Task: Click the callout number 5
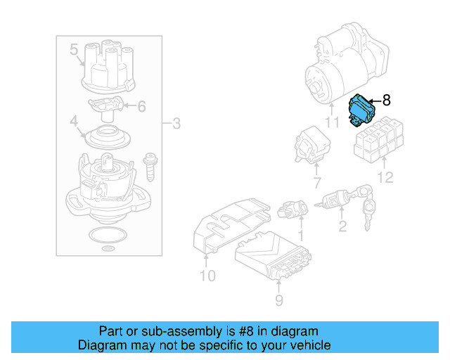[x=74, y=50]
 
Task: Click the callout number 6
[x=141, y=108]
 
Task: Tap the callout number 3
[x=176, y=124]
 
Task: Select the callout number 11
[x=331, y=124]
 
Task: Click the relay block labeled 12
[x=378, y=139]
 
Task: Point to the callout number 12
[x=385, y=178]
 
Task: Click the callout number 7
[x=316, y=184]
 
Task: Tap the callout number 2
[x=342, y=226]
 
